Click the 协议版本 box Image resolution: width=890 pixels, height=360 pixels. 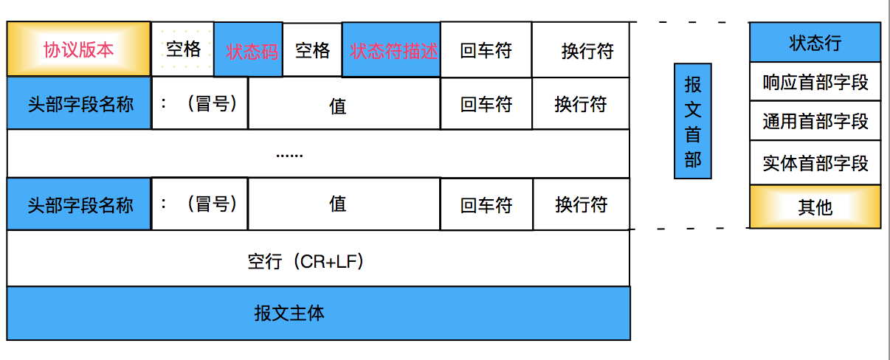coord(79,49)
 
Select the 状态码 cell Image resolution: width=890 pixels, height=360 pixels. coord(249,50)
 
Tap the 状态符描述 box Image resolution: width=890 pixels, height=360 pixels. coord(392,50)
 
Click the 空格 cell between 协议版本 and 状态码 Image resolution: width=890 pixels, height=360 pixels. coord(183,49)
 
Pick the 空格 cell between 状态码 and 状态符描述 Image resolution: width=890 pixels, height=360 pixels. coord(313,50)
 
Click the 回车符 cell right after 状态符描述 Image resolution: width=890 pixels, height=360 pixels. coord(486,50)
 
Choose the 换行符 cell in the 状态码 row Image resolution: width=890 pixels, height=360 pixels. coord(581,50)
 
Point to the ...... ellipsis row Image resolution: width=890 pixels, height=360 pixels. coord(318,153)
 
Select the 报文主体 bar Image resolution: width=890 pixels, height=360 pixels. coord(318,314)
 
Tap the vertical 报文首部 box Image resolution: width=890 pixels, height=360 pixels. coord(692,121)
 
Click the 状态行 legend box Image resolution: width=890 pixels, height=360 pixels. coord(815,43)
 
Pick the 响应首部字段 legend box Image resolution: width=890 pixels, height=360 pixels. coord(815,82)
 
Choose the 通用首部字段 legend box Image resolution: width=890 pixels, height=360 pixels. coord(815,121)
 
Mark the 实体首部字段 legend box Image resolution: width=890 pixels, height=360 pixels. coord(815,162)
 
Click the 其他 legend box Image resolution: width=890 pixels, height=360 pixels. coord(815,207)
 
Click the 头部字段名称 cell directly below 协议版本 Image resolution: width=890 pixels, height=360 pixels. coord(79,103)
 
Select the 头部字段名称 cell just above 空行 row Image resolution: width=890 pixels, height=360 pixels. coord(79,204)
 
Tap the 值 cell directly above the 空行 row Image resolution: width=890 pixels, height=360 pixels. coord(344,204)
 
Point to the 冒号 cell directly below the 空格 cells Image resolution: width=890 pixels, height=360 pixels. coord(200,103)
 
